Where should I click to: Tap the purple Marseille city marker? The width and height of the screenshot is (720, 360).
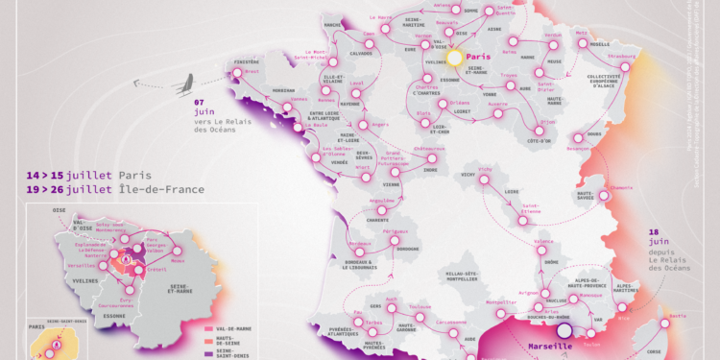click(x=564, y=332)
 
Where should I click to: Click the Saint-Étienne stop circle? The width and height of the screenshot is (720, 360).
click(x=526, y=214)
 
